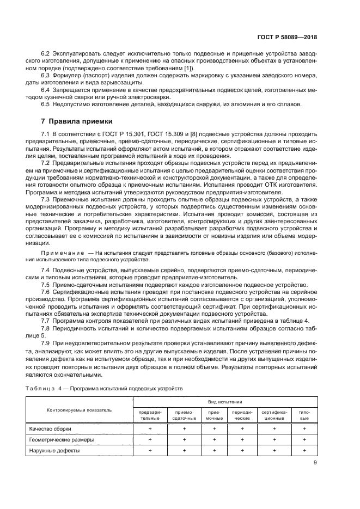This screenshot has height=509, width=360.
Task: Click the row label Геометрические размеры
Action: click(x=62, y=439)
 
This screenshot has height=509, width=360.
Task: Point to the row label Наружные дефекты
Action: click(x=55, y=450)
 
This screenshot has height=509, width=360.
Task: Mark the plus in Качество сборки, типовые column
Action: click(x=305, y=429)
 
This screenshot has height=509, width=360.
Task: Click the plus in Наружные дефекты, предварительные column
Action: click(x=150, y=450)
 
